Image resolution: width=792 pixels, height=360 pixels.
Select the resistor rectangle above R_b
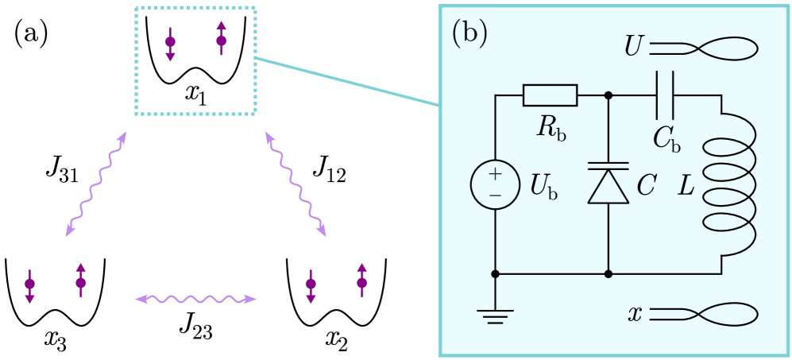click(x=550, y=95)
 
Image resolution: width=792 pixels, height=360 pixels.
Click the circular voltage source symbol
click(x=495, y=185)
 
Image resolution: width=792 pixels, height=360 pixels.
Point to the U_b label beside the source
click(x=543, y=186)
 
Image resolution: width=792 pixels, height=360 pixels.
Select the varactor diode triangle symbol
click(x=608, y=186)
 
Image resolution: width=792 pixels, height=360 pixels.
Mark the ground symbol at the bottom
click(x=495, y=317)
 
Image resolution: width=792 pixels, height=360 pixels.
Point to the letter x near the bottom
click(x=635, y=314)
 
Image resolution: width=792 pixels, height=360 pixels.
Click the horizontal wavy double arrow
click(x=195, y=300)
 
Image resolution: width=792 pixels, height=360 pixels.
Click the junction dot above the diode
click(x=608, y=95)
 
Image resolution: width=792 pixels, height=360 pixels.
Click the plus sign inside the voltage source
click(x=495, y=174)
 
